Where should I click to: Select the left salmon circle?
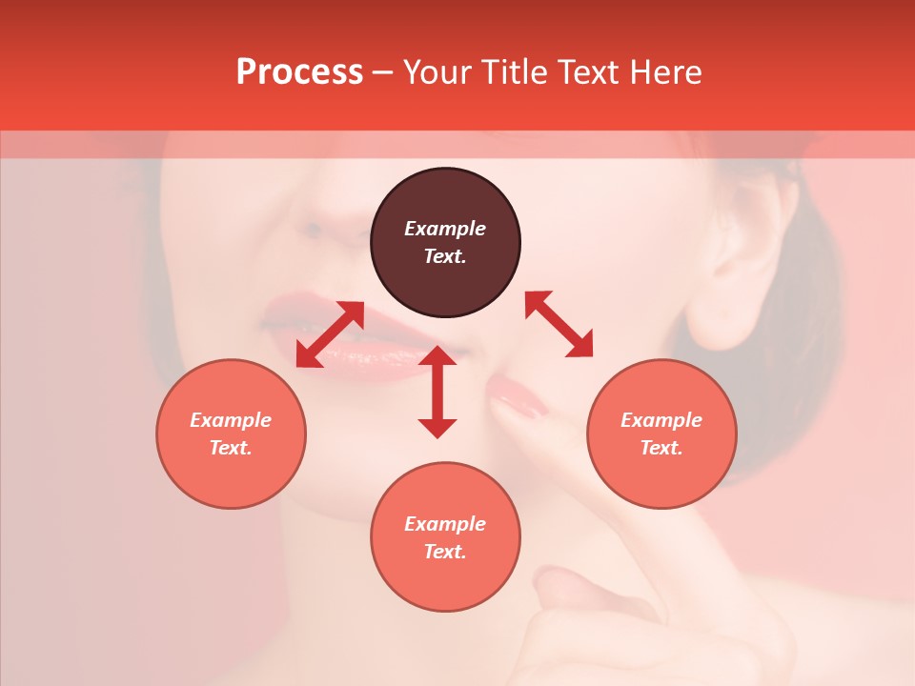[231, 434]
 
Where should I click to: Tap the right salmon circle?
[661, 434]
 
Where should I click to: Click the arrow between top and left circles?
[330, 334]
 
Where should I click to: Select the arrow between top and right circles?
[559, 324]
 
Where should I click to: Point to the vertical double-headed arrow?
[437, 392]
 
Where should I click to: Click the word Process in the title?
[299, 72]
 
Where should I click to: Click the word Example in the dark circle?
[445, 229]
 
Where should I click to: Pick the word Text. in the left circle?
[231, 448]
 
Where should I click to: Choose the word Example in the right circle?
[661, 420]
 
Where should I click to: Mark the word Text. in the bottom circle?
[445, 552]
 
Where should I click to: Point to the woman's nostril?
[311, 231]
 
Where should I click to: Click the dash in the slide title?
[383, 72]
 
